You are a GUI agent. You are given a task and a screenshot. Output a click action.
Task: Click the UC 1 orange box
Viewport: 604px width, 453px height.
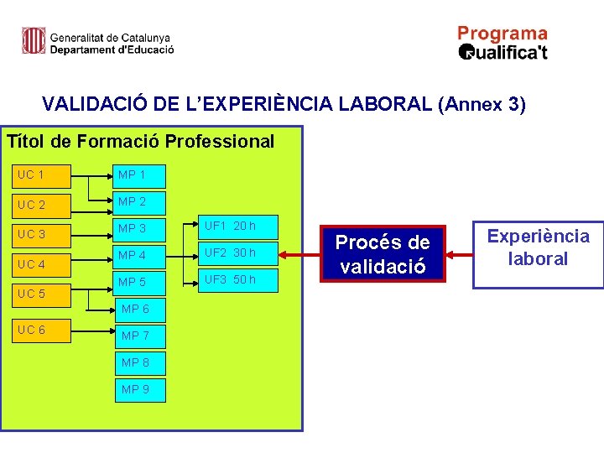click(42, 175)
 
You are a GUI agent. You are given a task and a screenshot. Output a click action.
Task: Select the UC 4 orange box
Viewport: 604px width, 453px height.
click(42, 264)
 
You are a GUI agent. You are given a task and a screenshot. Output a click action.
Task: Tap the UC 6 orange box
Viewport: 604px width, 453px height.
click(42, 330)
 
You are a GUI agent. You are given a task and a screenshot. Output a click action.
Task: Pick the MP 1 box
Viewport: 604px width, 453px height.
click(140, 175)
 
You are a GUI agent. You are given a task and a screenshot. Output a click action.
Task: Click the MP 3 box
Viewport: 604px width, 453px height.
click(140, 229)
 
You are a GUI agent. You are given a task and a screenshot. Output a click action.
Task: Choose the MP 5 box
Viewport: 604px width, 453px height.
click(140, 283)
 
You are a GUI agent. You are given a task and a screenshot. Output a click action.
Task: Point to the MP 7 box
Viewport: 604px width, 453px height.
click(140, 336)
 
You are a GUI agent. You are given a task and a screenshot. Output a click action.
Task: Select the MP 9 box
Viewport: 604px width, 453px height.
click(140, 389)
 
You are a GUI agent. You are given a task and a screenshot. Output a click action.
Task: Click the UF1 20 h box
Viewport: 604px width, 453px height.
click(238, 226)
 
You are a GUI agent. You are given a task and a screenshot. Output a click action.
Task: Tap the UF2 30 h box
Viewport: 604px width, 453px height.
click(238, 253)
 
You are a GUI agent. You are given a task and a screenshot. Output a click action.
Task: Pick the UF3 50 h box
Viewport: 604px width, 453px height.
click(238, 280)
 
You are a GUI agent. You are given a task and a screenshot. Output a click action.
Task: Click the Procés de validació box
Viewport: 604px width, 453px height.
click(383, 253)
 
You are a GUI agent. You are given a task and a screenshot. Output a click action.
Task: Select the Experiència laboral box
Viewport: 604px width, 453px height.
click(539, 247)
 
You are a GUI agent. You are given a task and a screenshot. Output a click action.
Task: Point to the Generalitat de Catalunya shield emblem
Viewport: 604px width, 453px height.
click(34, 40)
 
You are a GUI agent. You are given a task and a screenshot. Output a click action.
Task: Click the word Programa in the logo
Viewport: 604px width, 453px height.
click(502, 34)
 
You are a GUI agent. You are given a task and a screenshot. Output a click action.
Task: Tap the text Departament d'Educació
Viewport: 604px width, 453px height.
click(112, 49)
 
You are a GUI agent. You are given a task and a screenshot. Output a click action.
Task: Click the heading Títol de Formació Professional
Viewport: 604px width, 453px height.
click(140, 141)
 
